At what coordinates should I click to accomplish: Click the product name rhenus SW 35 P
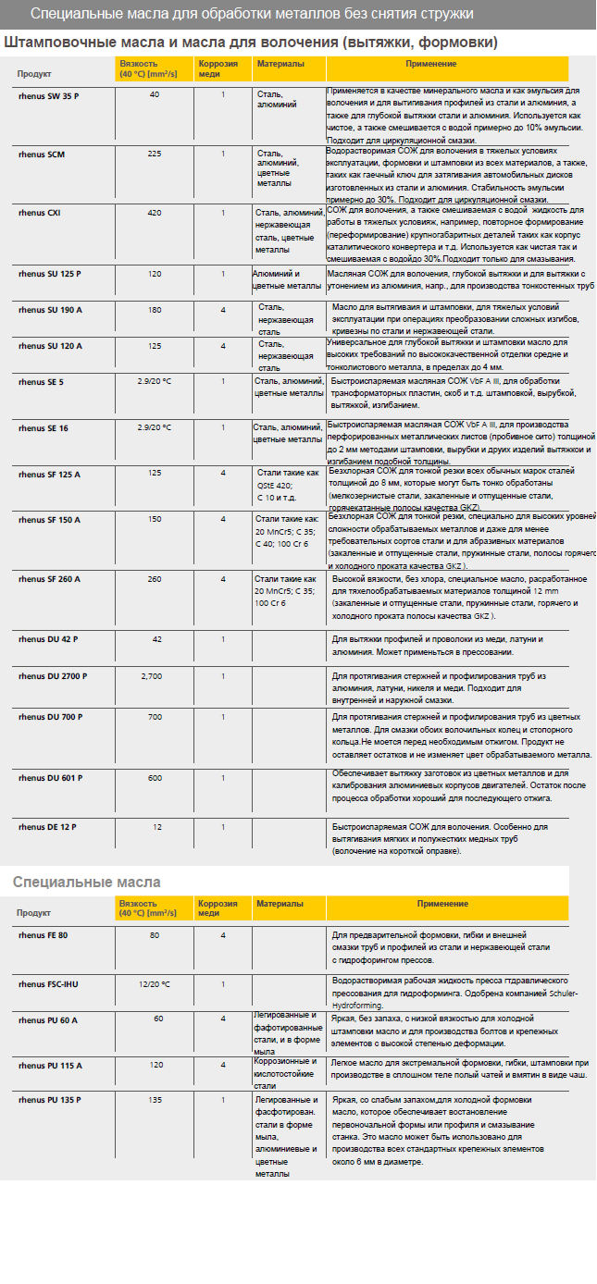48,95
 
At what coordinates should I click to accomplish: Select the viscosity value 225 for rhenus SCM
155,153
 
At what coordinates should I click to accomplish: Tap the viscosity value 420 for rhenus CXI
155,213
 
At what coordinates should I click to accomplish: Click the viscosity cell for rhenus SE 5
155,381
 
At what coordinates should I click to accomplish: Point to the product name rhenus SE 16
43,428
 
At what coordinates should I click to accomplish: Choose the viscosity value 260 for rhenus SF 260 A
155,579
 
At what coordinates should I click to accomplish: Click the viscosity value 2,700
152,676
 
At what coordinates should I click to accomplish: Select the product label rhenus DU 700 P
50,717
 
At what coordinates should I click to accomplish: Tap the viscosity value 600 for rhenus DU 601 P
155,778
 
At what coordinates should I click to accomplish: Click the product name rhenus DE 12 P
47,826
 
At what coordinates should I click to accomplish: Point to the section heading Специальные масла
86,882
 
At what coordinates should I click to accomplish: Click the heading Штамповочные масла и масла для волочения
251,43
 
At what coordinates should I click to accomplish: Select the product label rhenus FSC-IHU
48,983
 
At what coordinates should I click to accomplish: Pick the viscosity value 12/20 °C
155,983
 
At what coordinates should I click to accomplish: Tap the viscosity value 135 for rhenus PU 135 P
155,1100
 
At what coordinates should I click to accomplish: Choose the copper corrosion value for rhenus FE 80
223,935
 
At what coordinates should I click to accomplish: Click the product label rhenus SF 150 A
49,520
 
